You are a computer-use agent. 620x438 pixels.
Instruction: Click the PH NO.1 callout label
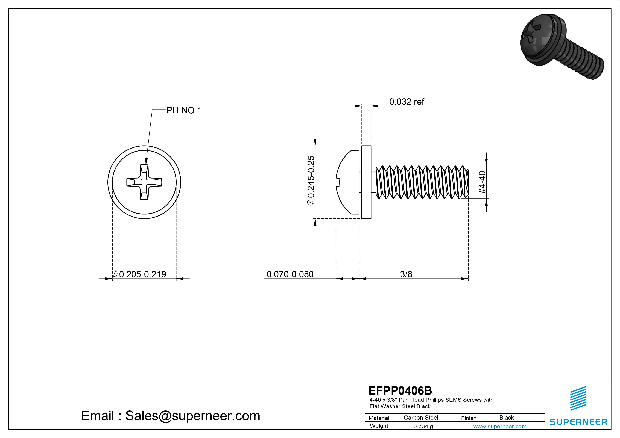pyautogui.click(x=184, y=111)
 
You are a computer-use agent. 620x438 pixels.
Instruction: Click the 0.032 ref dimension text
pyautogui.click(x=407, y=102)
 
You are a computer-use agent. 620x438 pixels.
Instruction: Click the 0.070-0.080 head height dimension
pyautogui.click(x=290, y=274)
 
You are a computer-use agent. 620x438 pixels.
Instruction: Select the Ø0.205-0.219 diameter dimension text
pyautogui.click(x=139, y=274)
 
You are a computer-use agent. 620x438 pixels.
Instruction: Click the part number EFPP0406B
pyautogui.click(x=400, y=390)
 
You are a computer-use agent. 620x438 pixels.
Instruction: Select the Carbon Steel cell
pyautogui.click(x=421, y=418)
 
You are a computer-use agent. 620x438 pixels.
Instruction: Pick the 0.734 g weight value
pyautogui.click(x=423, y=426)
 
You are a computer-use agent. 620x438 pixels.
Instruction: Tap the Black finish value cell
pyautogui.click(x=507, y=418)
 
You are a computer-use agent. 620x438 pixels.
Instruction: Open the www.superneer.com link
pyautogui.click(x=500, y=426)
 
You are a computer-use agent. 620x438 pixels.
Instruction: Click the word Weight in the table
pyautogui.click(x=379, y=426)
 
